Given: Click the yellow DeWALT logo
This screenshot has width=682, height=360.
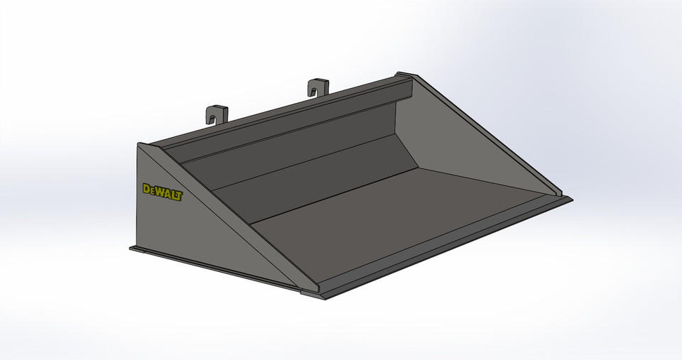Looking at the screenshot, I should (x=162, y=192).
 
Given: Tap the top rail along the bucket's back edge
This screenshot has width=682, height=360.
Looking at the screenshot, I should (x=284, y=114).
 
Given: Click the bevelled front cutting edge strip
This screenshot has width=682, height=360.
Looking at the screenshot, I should (x=448, y=245).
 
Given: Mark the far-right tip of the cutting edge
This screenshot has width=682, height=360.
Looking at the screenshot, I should (x=571, y=199).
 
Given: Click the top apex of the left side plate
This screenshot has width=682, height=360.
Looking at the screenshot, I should (x=140, y=143).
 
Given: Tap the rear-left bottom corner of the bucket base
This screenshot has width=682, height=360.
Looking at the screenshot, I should (x=131, y=248).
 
